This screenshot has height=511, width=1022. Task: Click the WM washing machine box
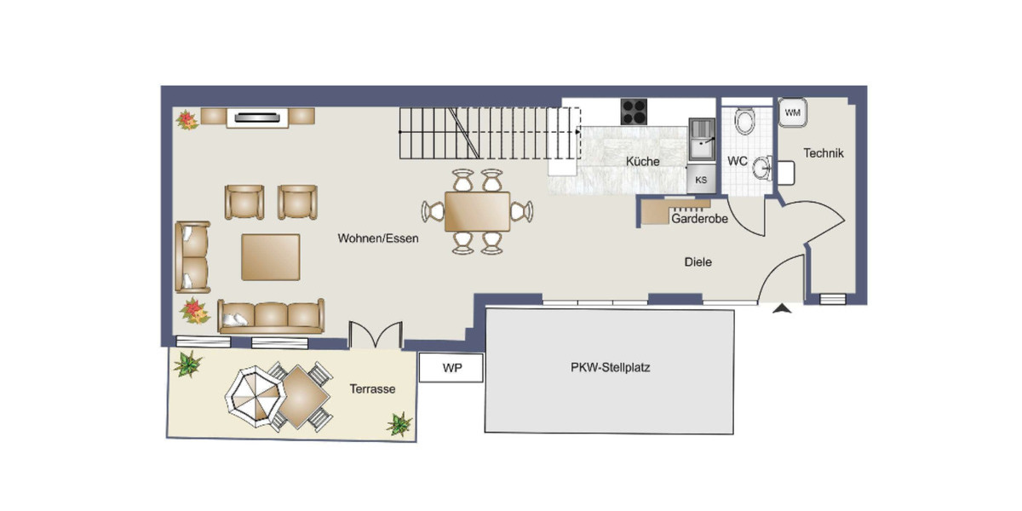[792, 112]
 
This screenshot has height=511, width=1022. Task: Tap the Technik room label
[824, 153]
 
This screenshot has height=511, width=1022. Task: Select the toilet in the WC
[745, 122]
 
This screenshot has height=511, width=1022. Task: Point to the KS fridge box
[701, 180]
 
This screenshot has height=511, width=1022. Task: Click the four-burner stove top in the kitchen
[634, 112]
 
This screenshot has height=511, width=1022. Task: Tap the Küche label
[642, 162]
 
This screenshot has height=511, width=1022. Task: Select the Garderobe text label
[698, 219]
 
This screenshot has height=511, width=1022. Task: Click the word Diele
[698, 262]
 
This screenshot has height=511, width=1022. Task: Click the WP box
[451, 369]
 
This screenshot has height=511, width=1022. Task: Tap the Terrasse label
[372, 388]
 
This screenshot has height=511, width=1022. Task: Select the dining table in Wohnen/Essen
[477, 211]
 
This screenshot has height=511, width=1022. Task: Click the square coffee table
[271, 256]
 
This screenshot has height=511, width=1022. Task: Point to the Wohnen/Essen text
[378, 238]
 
